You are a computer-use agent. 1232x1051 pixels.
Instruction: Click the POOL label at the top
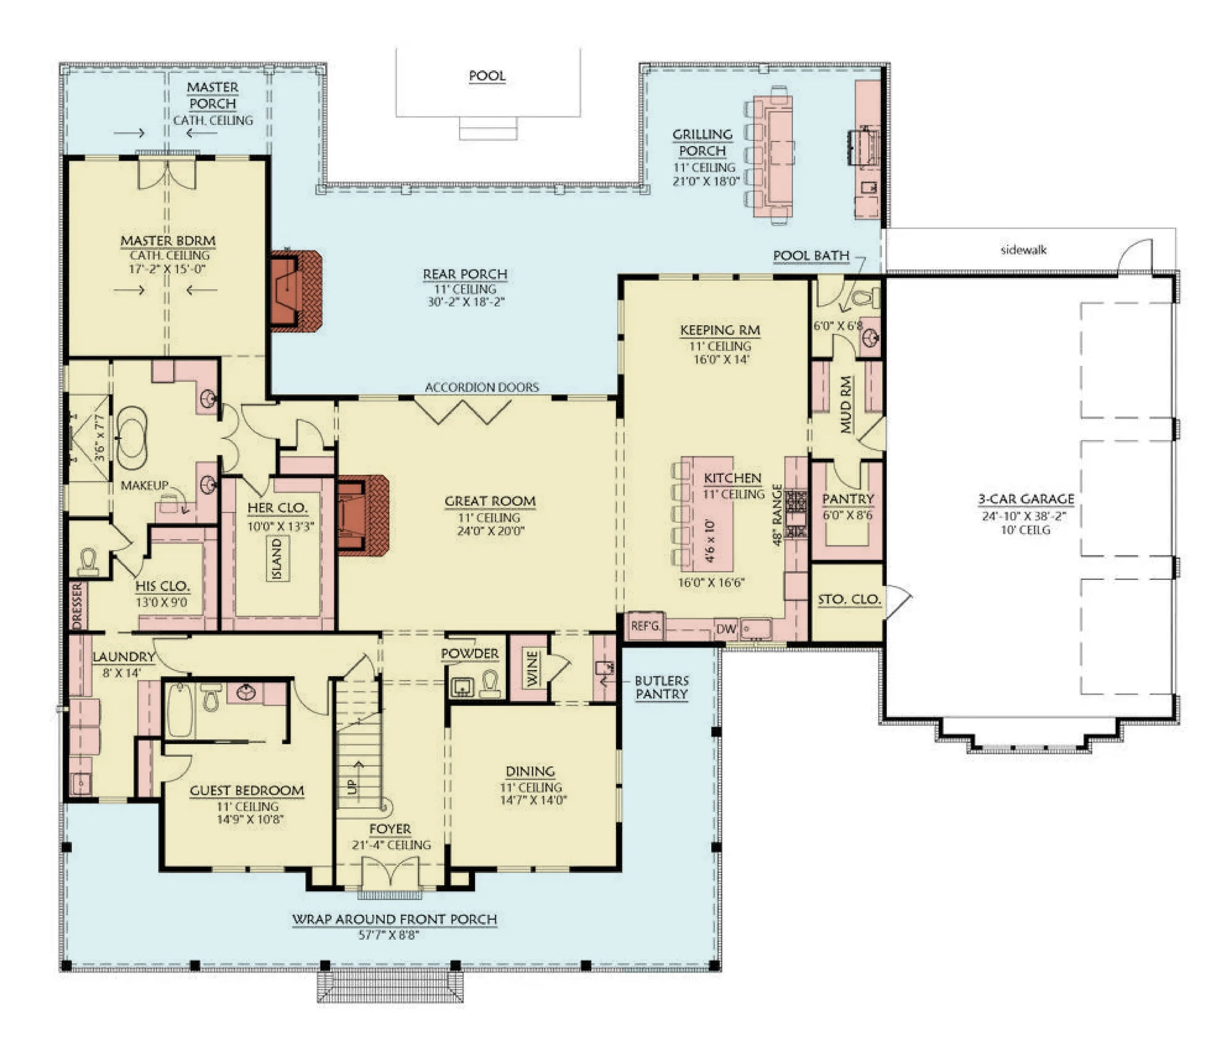[487, 76]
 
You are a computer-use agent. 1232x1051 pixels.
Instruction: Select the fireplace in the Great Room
[362, 515]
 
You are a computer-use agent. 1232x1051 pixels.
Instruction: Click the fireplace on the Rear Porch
[296, 291]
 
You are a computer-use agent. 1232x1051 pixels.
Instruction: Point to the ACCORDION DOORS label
[482, 387]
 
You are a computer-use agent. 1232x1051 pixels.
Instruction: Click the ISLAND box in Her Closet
[277, 558]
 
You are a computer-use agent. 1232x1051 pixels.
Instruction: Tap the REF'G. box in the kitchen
[645, 626]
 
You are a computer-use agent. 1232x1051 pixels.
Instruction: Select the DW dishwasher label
[726, 629]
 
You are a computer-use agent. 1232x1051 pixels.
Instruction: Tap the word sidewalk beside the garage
[1023, 250]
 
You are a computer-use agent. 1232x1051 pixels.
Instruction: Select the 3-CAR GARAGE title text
[1026, 499]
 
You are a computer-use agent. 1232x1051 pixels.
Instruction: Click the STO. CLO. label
[849, 599]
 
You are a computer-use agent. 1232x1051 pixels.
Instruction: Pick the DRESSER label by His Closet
[77, 606]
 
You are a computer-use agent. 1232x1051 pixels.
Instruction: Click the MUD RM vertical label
[846, 405]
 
